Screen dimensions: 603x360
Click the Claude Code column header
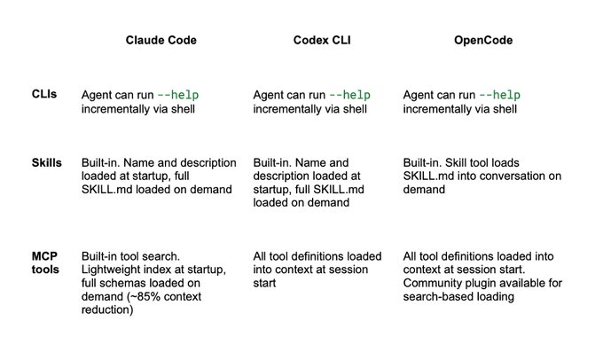point(161,40)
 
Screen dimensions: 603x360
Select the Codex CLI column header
point(322,40)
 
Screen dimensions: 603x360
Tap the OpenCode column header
point(483,41)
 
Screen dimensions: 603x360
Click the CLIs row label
point(44,94)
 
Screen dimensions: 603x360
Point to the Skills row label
point(46,162)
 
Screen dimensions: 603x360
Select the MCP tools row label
point(45,262)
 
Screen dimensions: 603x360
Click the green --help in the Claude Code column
point(178,95)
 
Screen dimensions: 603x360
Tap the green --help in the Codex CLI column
point(350,95)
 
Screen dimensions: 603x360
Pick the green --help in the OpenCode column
point(500,95)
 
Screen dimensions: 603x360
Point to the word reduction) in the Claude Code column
point(107,309)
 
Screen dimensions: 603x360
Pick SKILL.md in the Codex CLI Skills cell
point(339,189)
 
